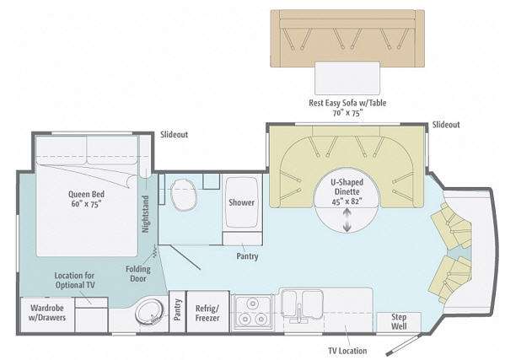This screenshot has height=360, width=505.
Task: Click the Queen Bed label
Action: coord(86,199)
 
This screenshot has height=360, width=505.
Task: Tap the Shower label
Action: coord(242,202)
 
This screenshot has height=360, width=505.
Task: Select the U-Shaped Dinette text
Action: coord(347,187)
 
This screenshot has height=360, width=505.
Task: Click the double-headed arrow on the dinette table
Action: coord(347,219)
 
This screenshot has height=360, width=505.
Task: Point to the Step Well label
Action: coord(399,321)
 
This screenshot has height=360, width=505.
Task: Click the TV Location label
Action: coord(347,351)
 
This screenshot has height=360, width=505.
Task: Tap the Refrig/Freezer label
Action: coord(207,313)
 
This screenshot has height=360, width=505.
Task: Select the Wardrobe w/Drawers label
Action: coord(47,313)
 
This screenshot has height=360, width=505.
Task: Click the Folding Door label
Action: coord(138,274)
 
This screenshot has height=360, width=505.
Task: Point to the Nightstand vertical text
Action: coord(146,214)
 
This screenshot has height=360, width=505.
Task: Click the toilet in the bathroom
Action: coord(183,194)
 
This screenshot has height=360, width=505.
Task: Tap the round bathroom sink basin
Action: coord(149,311)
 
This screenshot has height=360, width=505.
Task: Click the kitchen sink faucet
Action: coord(299,313)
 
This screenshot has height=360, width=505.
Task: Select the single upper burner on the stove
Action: coord(253,304)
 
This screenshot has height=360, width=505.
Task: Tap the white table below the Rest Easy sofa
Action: coord(347,78)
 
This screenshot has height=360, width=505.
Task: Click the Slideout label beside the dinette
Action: coord(446,125)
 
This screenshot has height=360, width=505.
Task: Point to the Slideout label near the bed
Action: coord(175,135)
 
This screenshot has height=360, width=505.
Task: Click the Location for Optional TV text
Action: coord(75,280)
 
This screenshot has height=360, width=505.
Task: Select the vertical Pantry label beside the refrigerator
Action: coord(177,309)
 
